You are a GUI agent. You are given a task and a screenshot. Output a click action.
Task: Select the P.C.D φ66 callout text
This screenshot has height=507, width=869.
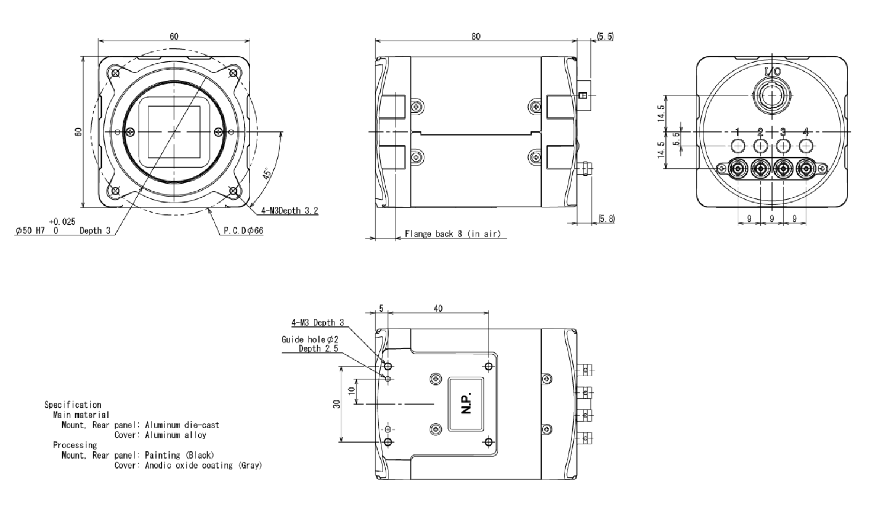243,230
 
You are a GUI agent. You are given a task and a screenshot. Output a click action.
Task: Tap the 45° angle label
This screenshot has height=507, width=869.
266,174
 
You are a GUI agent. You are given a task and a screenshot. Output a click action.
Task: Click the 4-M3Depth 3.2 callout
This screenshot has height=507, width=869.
289,211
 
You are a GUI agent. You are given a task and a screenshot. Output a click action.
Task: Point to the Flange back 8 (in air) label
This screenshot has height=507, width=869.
452,234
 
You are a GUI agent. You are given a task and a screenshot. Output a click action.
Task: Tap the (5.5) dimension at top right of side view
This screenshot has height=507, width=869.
605,36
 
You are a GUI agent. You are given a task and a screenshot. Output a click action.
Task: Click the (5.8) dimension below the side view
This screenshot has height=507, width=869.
606,219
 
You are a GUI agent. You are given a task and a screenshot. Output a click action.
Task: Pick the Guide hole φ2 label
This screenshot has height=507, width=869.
310,339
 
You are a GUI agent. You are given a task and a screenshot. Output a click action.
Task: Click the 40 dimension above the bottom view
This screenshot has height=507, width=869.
438,309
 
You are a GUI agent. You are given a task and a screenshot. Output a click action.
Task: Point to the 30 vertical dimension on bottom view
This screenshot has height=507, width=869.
336,404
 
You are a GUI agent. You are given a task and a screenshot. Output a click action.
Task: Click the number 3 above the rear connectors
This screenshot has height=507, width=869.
783,132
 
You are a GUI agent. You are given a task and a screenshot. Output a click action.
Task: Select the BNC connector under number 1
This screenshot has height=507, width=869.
738,169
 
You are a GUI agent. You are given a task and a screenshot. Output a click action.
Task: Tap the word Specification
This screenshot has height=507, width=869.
73,405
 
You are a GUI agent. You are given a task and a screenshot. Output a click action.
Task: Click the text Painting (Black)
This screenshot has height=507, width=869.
179,456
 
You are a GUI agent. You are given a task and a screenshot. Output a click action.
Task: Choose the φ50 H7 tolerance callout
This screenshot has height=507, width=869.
38,230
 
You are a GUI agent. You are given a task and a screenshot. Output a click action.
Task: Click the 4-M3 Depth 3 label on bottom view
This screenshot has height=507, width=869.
318,323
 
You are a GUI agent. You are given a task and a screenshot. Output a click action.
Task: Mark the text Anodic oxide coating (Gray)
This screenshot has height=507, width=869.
204,465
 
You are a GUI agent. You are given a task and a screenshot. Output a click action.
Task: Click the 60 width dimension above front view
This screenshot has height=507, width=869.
174,36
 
